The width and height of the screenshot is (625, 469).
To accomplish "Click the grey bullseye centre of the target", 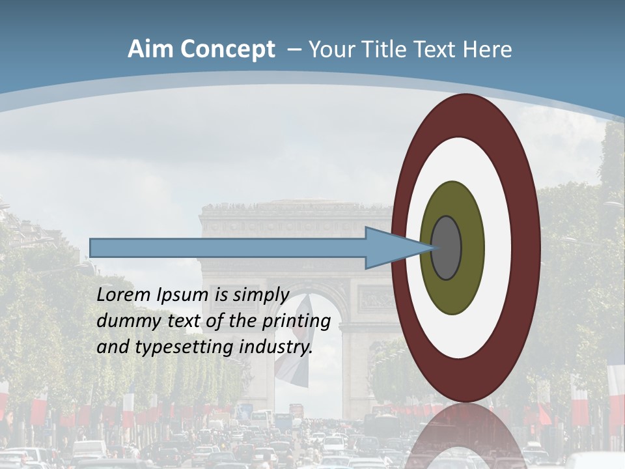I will (x=447, y=248).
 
